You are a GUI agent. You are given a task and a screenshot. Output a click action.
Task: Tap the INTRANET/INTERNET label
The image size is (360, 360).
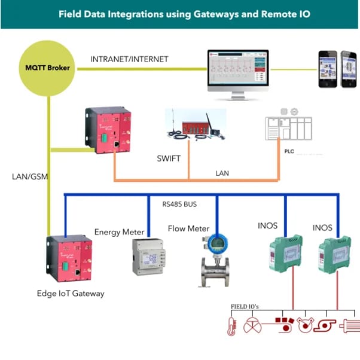coord(129,59)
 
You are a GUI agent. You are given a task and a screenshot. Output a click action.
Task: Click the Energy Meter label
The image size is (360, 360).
coord(120,231)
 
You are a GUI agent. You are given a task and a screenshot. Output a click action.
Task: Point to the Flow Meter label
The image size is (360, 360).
coord(188,228)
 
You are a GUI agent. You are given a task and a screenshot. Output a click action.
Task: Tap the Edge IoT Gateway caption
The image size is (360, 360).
coord(70,293)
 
